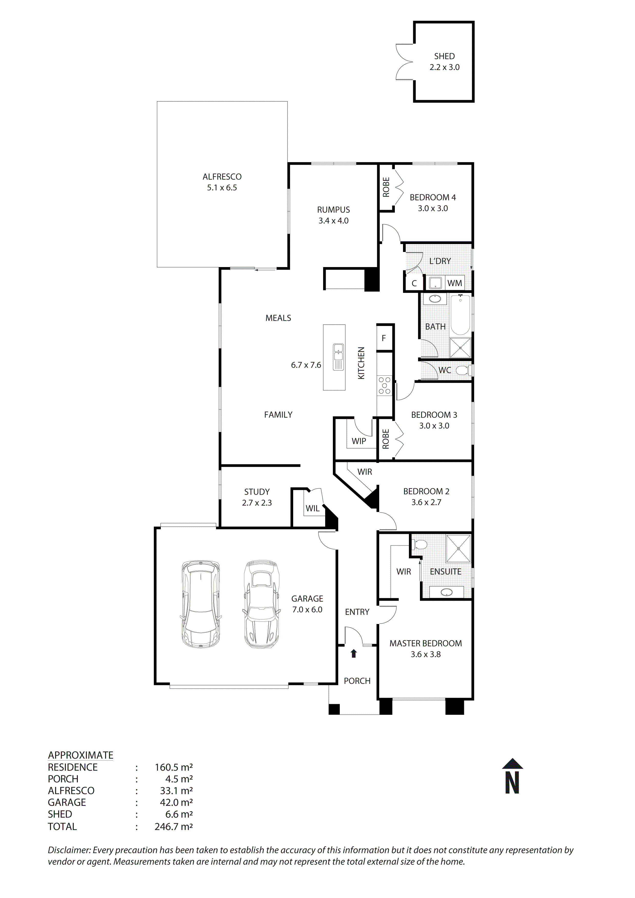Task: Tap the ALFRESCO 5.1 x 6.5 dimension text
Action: pyautogui.click(x=222, y=188)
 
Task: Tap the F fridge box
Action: pyautogui.click(x=384, y=338)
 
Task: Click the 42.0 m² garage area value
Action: pyautogui.click(x=176, y=802)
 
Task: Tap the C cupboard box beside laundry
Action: pyautogui.click(x=414, y=283)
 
